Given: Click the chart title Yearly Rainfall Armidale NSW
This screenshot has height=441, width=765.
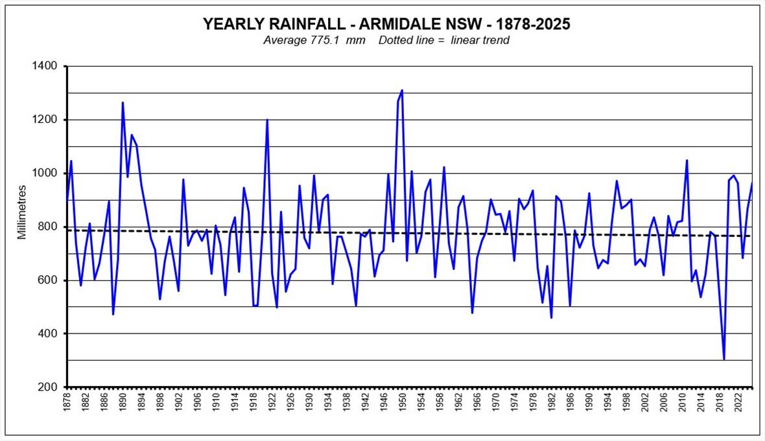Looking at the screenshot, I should point(386,24).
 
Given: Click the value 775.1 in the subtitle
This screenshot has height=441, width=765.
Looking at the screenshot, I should point(335,40).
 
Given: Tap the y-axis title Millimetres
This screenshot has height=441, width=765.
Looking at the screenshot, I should point(23,212).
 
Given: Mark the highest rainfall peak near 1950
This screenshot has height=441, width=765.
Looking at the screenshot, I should point(402,91).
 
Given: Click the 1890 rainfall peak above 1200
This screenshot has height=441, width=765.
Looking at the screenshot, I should point(123,102).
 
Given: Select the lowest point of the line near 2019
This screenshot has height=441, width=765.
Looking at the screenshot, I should point(724,359).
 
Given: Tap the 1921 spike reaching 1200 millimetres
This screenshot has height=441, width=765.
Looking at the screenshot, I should point(267,120).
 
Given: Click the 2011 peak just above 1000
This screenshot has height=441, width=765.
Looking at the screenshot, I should point(687,160).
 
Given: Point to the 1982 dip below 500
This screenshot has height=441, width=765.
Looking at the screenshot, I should point(551,317).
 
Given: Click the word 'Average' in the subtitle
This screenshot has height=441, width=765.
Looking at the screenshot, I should point(285,40).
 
